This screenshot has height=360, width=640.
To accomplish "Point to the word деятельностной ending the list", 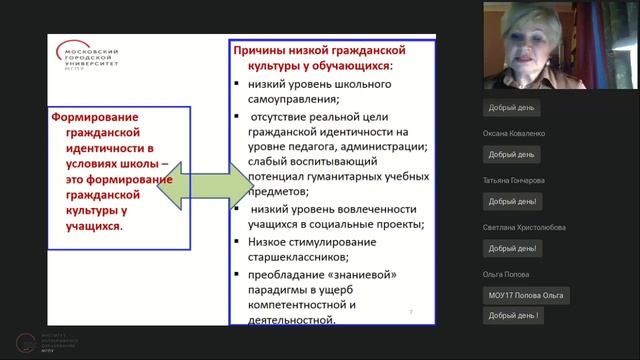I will [x=293, y=320].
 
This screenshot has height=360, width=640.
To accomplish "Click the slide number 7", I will [x=411, y=313].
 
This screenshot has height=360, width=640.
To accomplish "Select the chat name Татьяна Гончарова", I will [x=515, y=180].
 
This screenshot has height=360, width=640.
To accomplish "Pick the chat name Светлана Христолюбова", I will [x=522, y=228].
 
